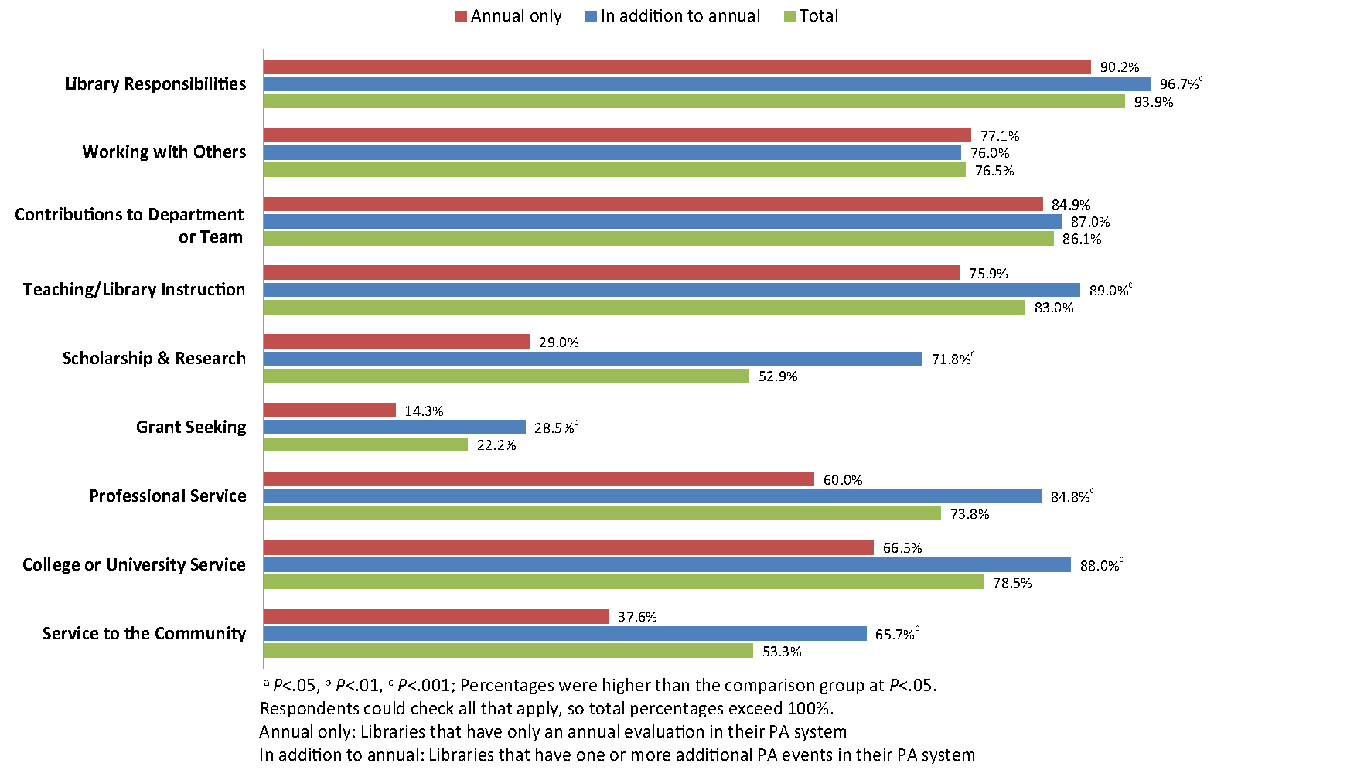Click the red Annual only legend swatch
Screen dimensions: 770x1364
pyautogui.click(x=461, y=17)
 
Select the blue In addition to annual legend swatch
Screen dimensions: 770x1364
pyautogui.click(x=591, y=17)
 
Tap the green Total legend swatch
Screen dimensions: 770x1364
pyautogui.click(x=789, y=17)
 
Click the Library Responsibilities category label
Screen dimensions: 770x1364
pyautogui.click(x=155, y=83)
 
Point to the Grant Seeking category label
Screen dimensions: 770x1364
pyautogui.click(x=191, y=427)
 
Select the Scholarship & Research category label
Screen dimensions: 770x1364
pyautogui.click(x=154, y=358)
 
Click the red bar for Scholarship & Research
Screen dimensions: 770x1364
pyautogui.click(x=397, y=342)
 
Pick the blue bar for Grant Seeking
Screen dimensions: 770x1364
pyautogui.click(x=394, y=428)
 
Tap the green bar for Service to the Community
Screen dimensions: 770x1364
pyautogui.click(x=508, y=651)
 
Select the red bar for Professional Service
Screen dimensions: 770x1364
pyautogui.click(x=539, y=479)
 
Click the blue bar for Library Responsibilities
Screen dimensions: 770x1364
pyautogui.click(x=707, y=84)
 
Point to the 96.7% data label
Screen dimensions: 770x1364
pyautogui.click(x=1178, y=84)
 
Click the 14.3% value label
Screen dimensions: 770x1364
pyautogui.click(x=424, y=411)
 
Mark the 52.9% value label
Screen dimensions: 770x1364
pyautogui.click(x=778, y=376)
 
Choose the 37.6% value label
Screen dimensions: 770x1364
pyautogui.click(x=637, y=617)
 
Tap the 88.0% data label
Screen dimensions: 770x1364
pyautogui.click(x=1099, y=566)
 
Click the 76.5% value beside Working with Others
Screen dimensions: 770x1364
pyautogui.click(x=994, y=171)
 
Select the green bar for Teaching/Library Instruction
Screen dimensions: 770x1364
pyautogui.click(x=644, y=308)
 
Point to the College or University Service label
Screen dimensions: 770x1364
pyautogui.click(x=134, y=564)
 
